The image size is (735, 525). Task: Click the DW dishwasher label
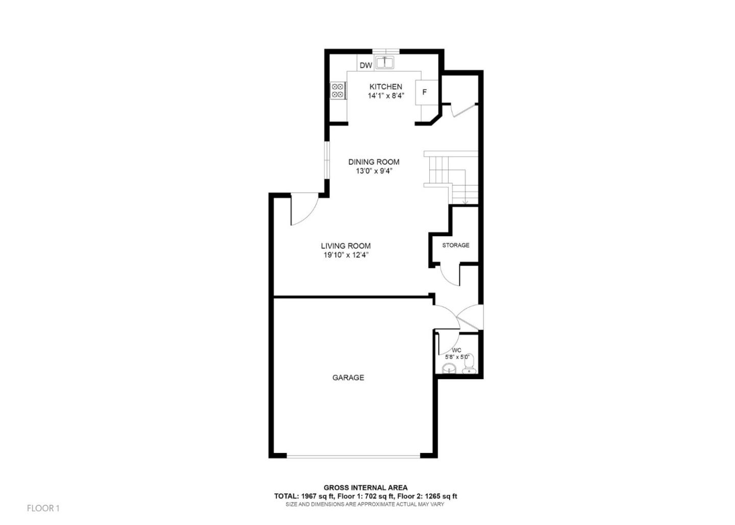pos(365,65)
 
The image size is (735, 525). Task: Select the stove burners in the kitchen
pos(337,91)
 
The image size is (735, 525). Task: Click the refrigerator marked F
pos(424,92)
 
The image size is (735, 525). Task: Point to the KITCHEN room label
pos(385,87)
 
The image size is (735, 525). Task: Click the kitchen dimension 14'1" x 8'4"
pos(385,96)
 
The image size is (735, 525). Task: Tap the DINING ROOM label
pos(374,162)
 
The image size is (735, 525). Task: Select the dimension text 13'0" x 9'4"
pos(374,171)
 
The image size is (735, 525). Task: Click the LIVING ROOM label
pos(346,246)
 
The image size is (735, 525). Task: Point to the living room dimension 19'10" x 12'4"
pos(346,255)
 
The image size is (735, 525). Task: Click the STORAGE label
pos(455,245)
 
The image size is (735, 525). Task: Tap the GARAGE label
pos(348,378)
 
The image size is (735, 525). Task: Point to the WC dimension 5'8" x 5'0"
pos(457,357)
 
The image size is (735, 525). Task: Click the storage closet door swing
pos(449,276)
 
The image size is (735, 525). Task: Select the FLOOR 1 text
pos(43,508)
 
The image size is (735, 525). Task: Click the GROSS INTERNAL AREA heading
pos(365,488)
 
